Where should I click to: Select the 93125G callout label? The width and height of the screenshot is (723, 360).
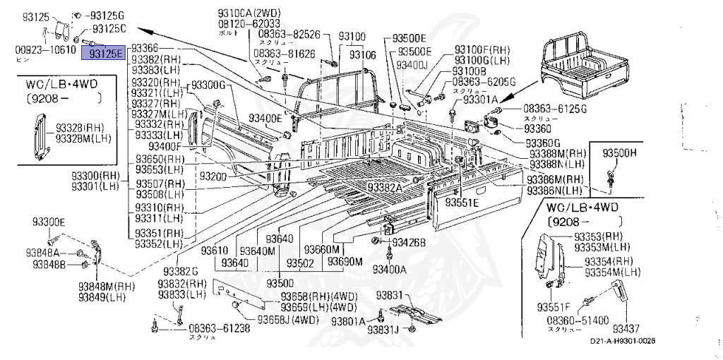108,16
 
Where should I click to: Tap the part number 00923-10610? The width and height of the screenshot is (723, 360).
45,49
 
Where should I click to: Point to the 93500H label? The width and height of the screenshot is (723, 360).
619,152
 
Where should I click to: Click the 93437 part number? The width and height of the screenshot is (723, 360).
626,328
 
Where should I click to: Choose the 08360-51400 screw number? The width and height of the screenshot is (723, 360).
577,320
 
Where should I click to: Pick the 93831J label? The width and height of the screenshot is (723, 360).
383,330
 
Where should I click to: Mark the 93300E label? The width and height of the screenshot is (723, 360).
48,222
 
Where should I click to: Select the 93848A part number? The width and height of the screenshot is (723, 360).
48,253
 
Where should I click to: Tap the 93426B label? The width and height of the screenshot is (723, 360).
409,243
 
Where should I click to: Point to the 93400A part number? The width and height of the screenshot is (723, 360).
390,269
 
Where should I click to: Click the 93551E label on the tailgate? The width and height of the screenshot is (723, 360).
461,203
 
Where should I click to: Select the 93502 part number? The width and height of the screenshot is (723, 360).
318,263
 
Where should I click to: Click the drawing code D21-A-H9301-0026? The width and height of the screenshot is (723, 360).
623,342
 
